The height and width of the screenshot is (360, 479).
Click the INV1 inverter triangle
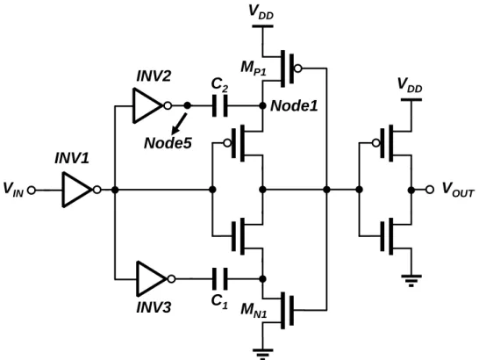76,190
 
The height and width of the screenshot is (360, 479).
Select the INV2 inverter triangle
147,106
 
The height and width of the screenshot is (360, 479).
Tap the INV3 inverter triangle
151,279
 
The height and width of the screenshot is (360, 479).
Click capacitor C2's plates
220,106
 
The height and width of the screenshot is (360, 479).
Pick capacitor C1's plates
220,279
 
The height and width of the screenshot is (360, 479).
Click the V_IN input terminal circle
32,191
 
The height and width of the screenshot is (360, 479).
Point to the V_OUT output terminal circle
430,190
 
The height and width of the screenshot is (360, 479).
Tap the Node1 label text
294,106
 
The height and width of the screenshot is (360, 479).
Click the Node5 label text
168,143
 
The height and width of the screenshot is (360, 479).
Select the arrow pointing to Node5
179,124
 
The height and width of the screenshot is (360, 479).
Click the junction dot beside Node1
262,106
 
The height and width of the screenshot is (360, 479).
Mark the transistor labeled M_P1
282,68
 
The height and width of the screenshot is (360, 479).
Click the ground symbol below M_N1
262,353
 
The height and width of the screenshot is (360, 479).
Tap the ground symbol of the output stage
411,280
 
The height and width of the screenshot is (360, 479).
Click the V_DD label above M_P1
261,12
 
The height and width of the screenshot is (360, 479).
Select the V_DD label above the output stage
410,84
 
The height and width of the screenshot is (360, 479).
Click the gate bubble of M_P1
298,68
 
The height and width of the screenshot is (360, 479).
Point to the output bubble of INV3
172,279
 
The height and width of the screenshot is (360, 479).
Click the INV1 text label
72,158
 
